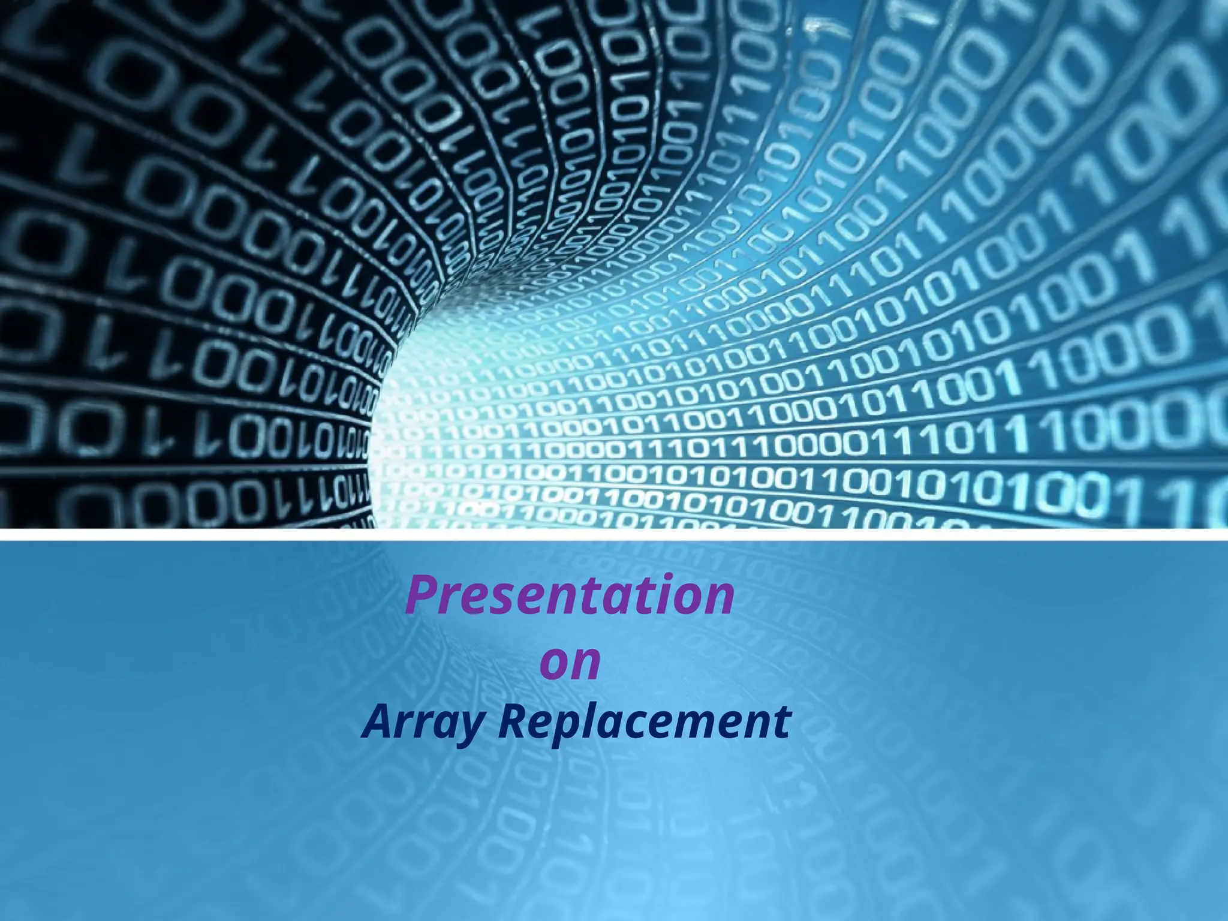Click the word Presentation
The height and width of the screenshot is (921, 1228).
(x=570, y=595)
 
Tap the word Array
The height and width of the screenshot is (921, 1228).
(x=422, y=723)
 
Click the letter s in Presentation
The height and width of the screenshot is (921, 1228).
(x=495, y=600)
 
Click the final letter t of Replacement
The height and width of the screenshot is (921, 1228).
(x=782, y=723)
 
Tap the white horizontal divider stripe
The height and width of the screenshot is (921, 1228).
(x=614, y=534)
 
